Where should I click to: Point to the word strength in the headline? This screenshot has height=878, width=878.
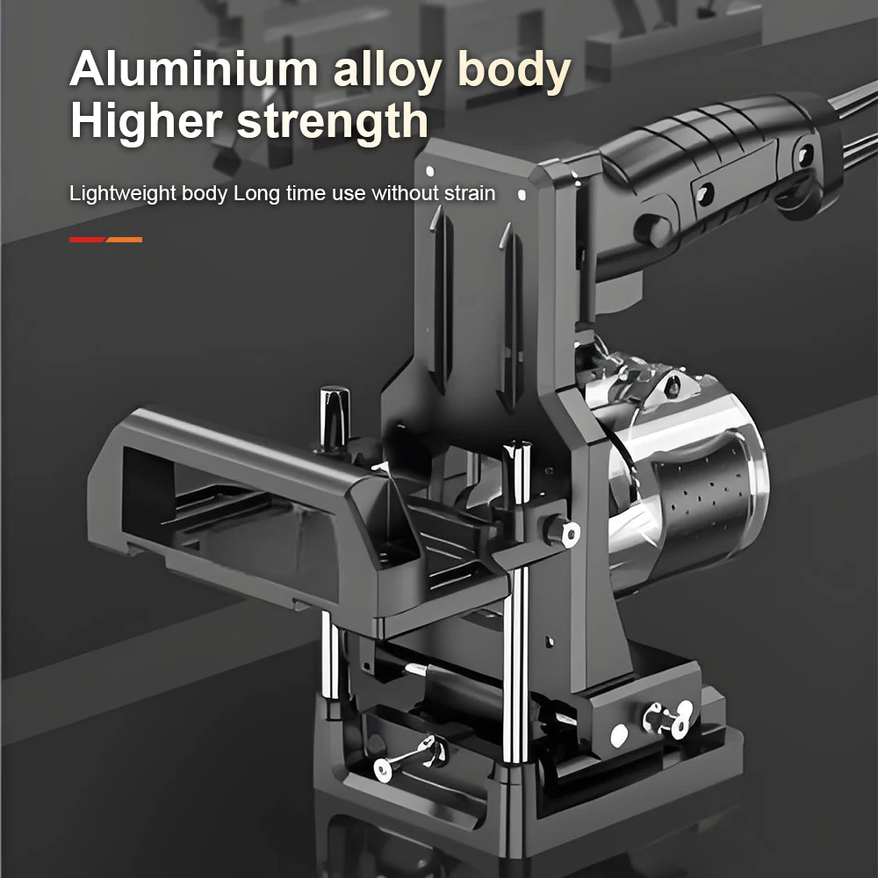[334, 121]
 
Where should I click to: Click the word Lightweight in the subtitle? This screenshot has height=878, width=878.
[123, 193]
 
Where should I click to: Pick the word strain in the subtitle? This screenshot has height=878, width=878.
[471, 193]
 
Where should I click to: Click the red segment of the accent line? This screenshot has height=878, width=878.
[87, 239]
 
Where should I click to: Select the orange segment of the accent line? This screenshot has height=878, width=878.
[125, 239]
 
